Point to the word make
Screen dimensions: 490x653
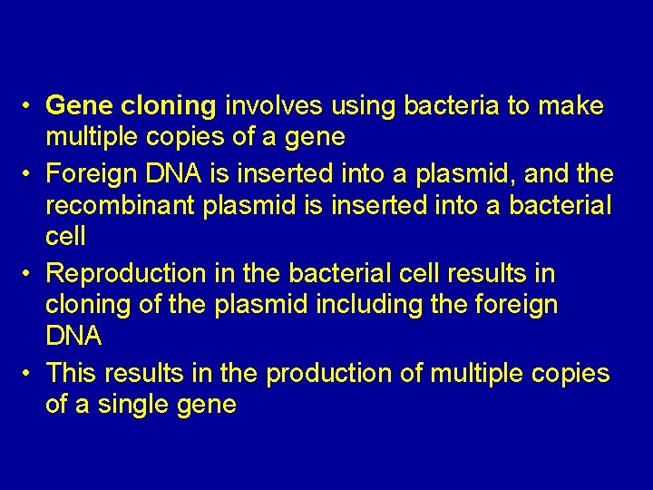pos(570,106)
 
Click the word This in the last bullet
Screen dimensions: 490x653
pos(71,373)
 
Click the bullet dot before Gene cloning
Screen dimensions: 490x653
pos(30,107)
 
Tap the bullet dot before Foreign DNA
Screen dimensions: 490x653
pos(30,173)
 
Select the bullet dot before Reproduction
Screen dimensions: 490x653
pos(30,274)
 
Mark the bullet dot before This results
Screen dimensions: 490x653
pos(30,374)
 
